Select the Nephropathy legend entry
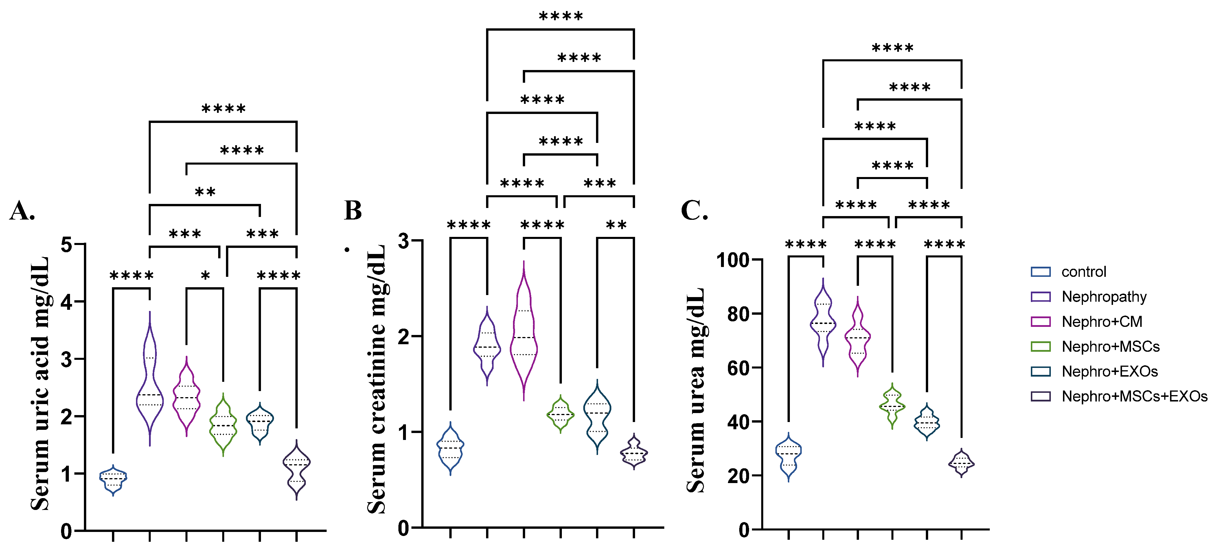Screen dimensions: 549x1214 point(1104,297)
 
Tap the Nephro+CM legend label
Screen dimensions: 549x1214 point(1101,322)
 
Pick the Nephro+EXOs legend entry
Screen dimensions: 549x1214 point(1109,372)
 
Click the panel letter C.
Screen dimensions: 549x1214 point(694,211)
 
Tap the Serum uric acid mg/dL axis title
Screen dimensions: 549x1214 point(40,383)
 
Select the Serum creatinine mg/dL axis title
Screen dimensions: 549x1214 point(377,379)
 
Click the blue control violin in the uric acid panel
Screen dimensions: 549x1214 point(113,479)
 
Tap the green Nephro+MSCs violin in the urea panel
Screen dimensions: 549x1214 point(892,406)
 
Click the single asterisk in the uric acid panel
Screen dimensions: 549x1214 point(205,276)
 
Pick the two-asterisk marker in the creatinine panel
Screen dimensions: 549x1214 point(616,225)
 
